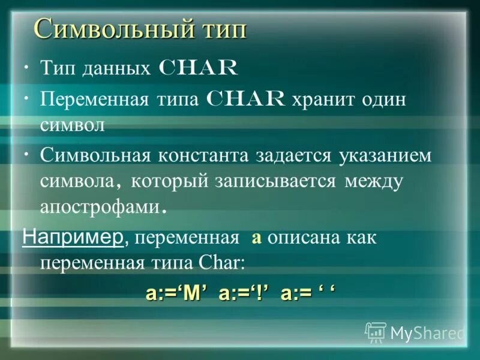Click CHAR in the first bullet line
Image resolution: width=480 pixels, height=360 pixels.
197,68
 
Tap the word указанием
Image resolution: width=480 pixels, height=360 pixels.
385,155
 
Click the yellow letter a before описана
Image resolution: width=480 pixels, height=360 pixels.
256,238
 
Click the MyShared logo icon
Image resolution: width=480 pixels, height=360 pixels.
375,332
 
